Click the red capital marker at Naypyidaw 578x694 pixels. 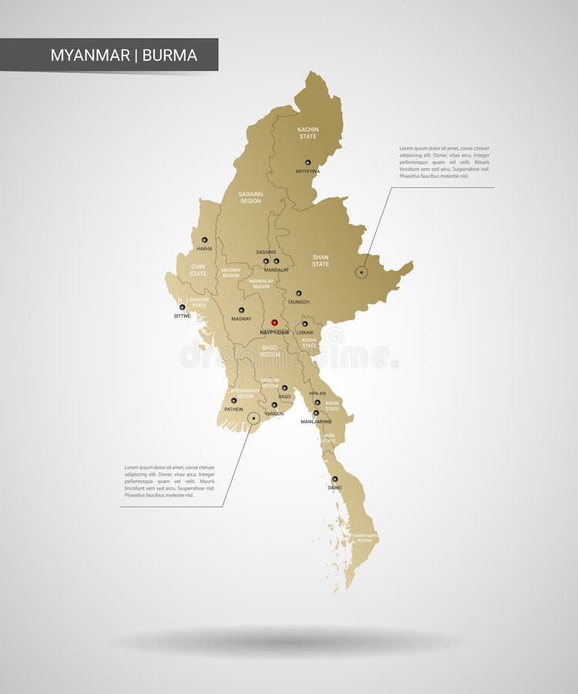[x=274, y=322]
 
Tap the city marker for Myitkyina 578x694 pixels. [x=307, y=163]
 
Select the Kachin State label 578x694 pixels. [x=308, y=133]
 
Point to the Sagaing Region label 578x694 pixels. [x=250, y=197]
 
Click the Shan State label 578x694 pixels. [x=321, y=261]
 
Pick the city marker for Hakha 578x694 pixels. [x=204, y=240]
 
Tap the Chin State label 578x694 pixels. [x=198, y=270]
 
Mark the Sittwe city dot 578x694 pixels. [x=183, y=307]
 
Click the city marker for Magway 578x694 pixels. [x=241, y=310]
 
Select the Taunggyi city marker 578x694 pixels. [x=298, y=293]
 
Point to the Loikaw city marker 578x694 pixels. [x=305, y=324]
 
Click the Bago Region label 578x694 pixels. [x=270, y=351]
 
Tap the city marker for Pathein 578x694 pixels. [x=234, y=400]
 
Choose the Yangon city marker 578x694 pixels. [x=274, y=405]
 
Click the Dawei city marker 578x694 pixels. [x=334, y=479]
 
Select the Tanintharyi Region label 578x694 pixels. [x=364, y=537]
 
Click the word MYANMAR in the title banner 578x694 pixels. [x=90, y=56]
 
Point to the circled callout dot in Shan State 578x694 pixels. [x=361, y=271]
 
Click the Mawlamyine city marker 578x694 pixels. [x=316, y=413]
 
